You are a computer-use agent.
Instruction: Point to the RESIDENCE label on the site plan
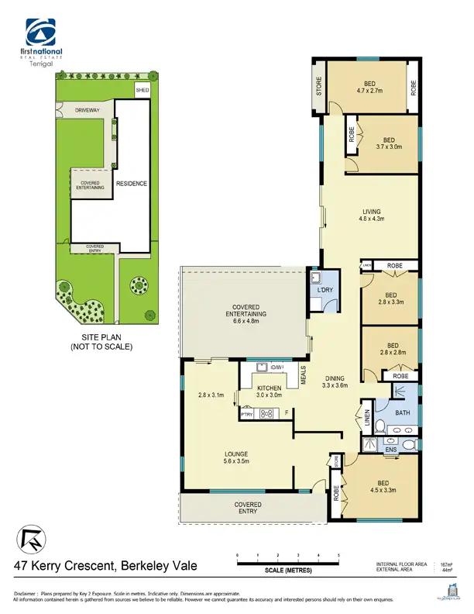pos(131,184)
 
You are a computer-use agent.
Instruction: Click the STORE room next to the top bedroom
pos(318,86)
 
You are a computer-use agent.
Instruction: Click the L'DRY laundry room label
pos(325,290)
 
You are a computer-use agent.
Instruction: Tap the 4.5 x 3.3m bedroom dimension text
pos(383,490)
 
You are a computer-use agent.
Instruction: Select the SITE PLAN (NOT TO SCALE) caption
pos(108,343)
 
